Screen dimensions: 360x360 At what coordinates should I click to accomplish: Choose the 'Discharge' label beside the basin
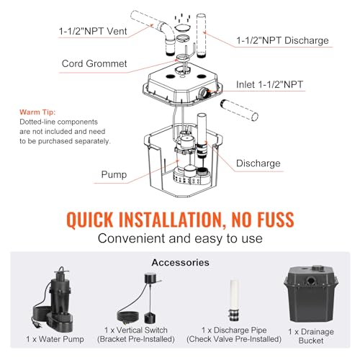(258, 163)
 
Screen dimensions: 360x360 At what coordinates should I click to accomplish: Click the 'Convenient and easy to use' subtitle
(180, 238)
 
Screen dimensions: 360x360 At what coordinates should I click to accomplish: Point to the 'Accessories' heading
(180, 263)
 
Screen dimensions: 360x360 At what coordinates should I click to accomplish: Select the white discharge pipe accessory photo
(233, 301)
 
